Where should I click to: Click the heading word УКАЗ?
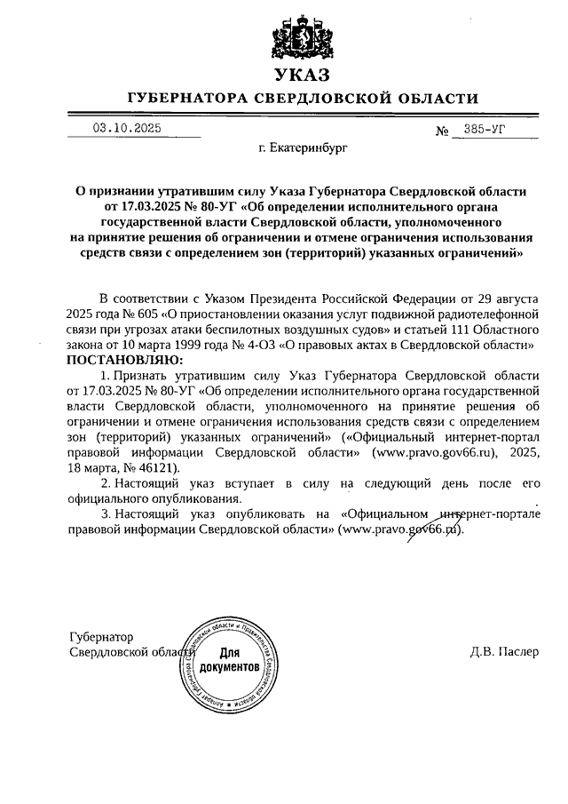point(302,75)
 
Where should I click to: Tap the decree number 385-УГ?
point(483,129)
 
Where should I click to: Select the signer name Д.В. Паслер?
point(504,650)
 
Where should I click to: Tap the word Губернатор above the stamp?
point(100,637)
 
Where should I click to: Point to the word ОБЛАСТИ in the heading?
point(433,98)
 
